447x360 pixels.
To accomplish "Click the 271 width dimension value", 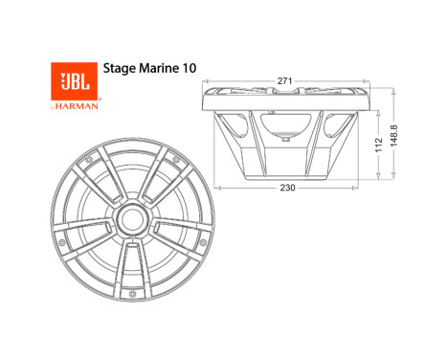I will [284, 82].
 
